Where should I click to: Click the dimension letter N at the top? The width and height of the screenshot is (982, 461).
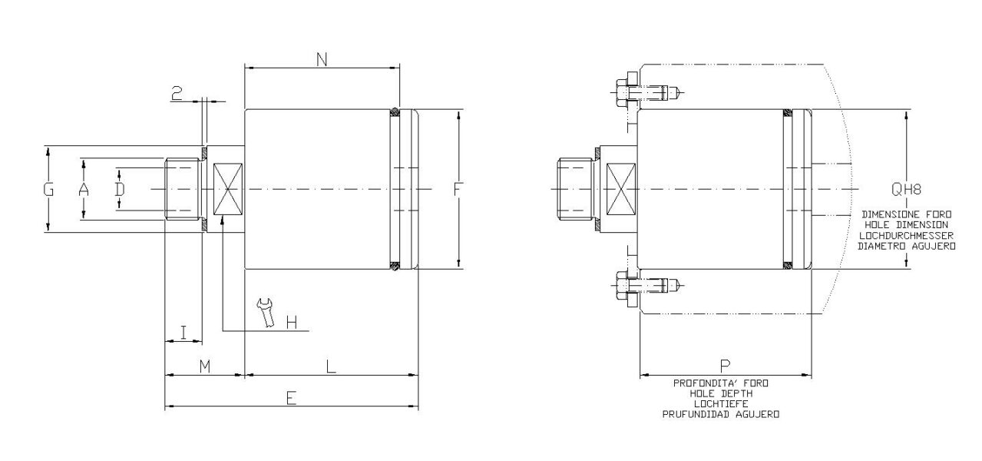321,58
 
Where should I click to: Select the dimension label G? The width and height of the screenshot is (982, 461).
48,189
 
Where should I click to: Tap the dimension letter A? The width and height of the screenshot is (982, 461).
84,189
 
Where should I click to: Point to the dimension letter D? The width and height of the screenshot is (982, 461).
120,189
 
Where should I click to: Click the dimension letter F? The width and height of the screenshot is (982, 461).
458,189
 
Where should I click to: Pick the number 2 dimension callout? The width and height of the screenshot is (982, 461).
177,94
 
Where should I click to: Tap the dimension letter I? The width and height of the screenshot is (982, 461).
183,332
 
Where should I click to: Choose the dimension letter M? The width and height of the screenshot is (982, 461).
204,366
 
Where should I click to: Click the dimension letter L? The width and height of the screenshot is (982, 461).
330,366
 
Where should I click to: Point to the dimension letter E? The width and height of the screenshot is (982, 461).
291,397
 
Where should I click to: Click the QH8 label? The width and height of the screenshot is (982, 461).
906,189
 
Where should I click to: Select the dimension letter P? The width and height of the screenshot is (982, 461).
725,366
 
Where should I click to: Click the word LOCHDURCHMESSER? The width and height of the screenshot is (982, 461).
906,235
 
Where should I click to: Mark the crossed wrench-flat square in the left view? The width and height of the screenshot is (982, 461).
228,189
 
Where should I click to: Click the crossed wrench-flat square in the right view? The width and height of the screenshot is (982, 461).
622,189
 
